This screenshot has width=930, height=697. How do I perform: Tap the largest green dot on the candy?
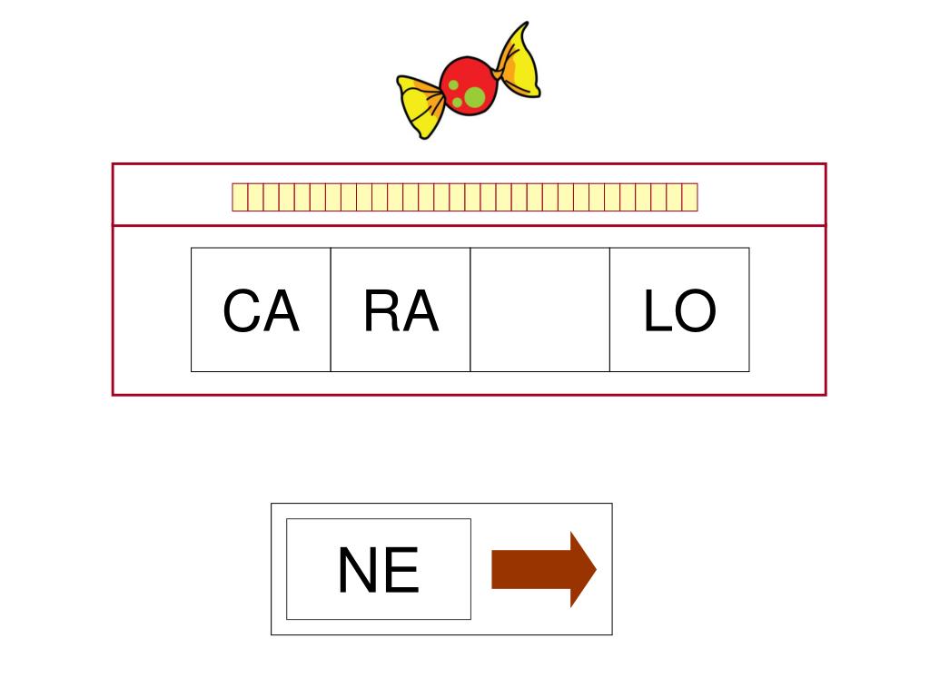[474, 96]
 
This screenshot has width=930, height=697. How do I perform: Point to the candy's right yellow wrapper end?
[519, 64]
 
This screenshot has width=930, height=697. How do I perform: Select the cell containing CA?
[261, 309]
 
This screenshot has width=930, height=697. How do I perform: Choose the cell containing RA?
[401, 309]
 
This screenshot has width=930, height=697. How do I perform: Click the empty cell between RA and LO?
[539, 309]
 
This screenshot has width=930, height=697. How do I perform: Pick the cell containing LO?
[679, 309]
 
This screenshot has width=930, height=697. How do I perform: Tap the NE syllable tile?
[379, 569]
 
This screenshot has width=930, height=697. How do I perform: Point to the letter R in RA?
[381, 311]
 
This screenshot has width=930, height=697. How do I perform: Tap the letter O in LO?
[696, 311]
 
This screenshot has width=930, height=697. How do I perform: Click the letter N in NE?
[357, 572]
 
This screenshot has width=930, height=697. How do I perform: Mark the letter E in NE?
[401, 572]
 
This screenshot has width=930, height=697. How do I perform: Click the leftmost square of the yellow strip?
[240, 197]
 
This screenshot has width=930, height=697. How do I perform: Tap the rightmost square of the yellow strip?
[689, 197]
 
